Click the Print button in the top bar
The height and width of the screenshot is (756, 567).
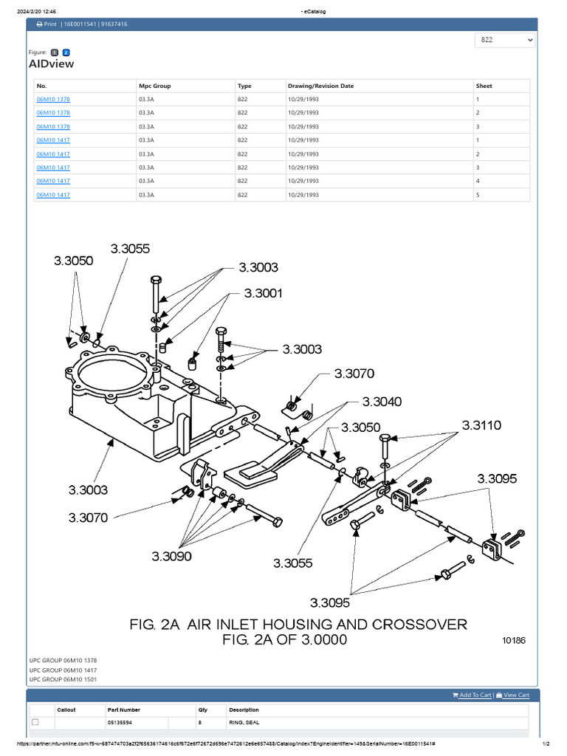46,24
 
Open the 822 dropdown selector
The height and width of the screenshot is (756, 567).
505,40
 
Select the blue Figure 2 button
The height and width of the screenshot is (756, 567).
66,52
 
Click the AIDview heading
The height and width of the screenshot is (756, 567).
51,64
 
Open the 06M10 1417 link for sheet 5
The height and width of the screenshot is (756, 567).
53,195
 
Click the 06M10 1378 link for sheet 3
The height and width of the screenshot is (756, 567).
53,126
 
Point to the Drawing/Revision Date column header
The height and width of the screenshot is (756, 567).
320,86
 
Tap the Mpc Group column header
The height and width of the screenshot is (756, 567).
154,86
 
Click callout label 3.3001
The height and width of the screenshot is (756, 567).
264,293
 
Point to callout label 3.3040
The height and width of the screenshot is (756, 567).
382,402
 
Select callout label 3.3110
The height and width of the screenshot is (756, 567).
481,425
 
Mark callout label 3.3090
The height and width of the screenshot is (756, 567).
171,555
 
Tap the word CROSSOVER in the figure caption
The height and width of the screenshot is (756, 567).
419,625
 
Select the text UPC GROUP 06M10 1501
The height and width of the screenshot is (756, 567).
63,678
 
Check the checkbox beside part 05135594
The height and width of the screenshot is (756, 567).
35,722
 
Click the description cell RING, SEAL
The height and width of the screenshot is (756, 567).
244,722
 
